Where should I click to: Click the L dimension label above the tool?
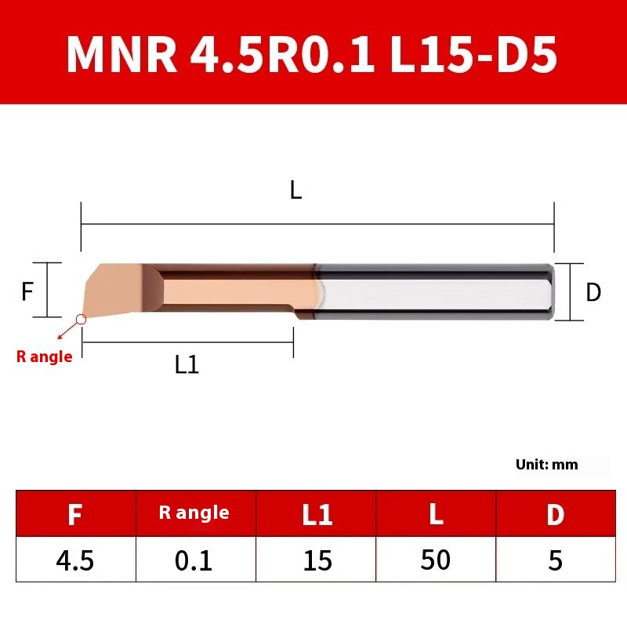click(295, 190)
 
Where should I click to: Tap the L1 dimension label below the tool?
click(187, 364)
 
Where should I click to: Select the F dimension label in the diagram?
click(27, 292)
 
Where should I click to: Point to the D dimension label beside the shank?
click(593, 292)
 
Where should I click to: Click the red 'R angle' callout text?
click(45, 357)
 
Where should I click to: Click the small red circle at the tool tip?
click(81, 320)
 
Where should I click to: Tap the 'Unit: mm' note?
click(546, 464)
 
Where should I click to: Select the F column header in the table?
click(75, 514)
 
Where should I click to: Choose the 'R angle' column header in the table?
click(194, 513)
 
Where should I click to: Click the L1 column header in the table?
click(317, 514)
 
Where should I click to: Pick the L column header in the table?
click(436, 514)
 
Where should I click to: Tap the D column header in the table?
click(555, 514)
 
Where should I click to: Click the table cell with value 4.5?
click(75, 560)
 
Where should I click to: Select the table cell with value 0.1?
click(194, 560)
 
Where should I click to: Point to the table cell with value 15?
click(317, 560)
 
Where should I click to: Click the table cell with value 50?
click(436, 560)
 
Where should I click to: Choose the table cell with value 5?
click(555, 560)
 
